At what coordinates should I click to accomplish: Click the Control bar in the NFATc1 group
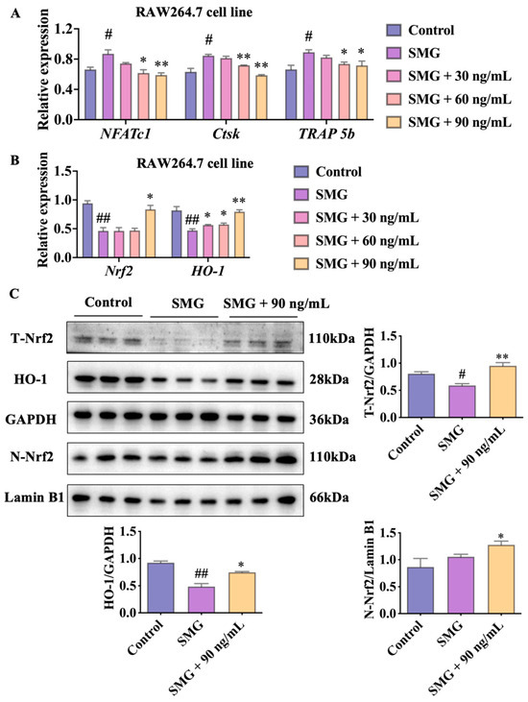90,94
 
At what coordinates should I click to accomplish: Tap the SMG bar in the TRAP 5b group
309,86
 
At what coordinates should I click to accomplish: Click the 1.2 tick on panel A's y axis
64,29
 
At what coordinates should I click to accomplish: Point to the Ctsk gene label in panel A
226,133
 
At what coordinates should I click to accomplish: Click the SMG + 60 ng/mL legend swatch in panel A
394,99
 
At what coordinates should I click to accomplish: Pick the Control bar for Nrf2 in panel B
87,230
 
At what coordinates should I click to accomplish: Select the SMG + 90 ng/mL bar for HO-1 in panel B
239,234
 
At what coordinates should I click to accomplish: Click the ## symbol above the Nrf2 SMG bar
104,219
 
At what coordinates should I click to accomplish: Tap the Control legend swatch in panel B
301,172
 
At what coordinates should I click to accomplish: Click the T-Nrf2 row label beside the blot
32,338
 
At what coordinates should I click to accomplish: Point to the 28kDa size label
329,380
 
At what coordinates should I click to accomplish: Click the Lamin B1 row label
34,497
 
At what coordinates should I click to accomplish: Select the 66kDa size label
329,497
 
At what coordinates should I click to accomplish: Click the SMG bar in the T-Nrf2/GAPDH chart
462,401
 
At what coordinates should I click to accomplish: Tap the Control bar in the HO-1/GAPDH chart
160,588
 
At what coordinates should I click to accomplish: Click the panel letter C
14,294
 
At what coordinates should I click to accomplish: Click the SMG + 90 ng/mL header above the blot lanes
276,304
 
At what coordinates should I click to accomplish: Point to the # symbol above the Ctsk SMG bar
208,40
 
